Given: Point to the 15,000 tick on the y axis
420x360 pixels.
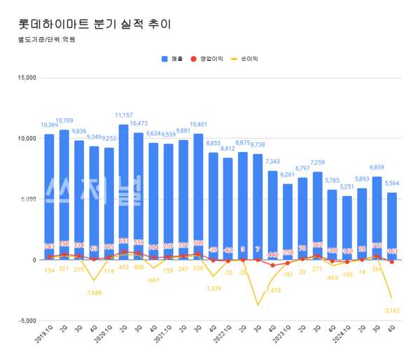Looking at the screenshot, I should tap(26, 77).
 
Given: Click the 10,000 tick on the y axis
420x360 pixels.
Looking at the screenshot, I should tap(26, 138).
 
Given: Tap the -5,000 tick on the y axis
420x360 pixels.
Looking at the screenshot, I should tap(26, 321).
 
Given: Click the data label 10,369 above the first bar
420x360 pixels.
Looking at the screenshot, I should tap(49, 125).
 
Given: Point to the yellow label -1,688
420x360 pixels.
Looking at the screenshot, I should tap(94, 293).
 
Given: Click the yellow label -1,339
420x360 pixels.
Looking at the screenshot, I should tap(213, 289).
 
